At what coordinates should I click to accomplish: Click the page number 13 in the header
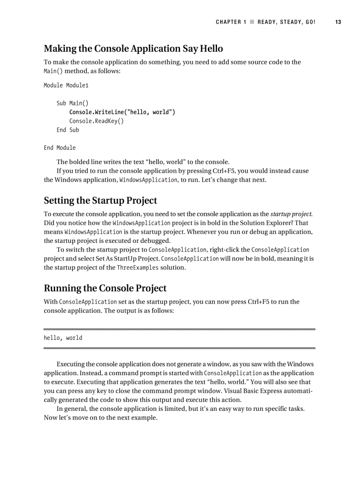338,22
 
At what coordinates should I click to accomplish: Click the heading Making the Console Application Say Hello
133,48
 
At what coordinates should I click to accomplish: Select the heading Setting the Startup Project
100,201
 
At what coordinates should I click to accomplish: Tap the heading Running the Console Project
105,288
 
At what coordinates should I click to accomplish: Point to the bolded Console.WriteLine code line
122,112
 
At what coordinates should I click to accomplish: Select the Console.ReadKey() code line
96,121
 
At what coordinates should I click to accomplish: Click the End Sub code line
67,130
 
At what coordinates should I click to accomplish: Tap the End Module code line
60,148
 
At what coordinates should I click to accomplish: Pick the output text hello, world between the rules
63,338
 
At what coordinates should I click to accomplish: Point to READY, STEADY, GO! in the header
286,22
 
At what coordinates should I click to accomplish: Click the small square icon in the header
252,22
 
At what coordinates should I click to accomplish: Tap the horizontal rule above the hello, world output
180,329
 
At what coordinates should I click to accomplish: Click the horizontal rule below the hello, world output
180,348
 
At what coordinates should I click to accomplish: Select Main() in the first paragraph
53,71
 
